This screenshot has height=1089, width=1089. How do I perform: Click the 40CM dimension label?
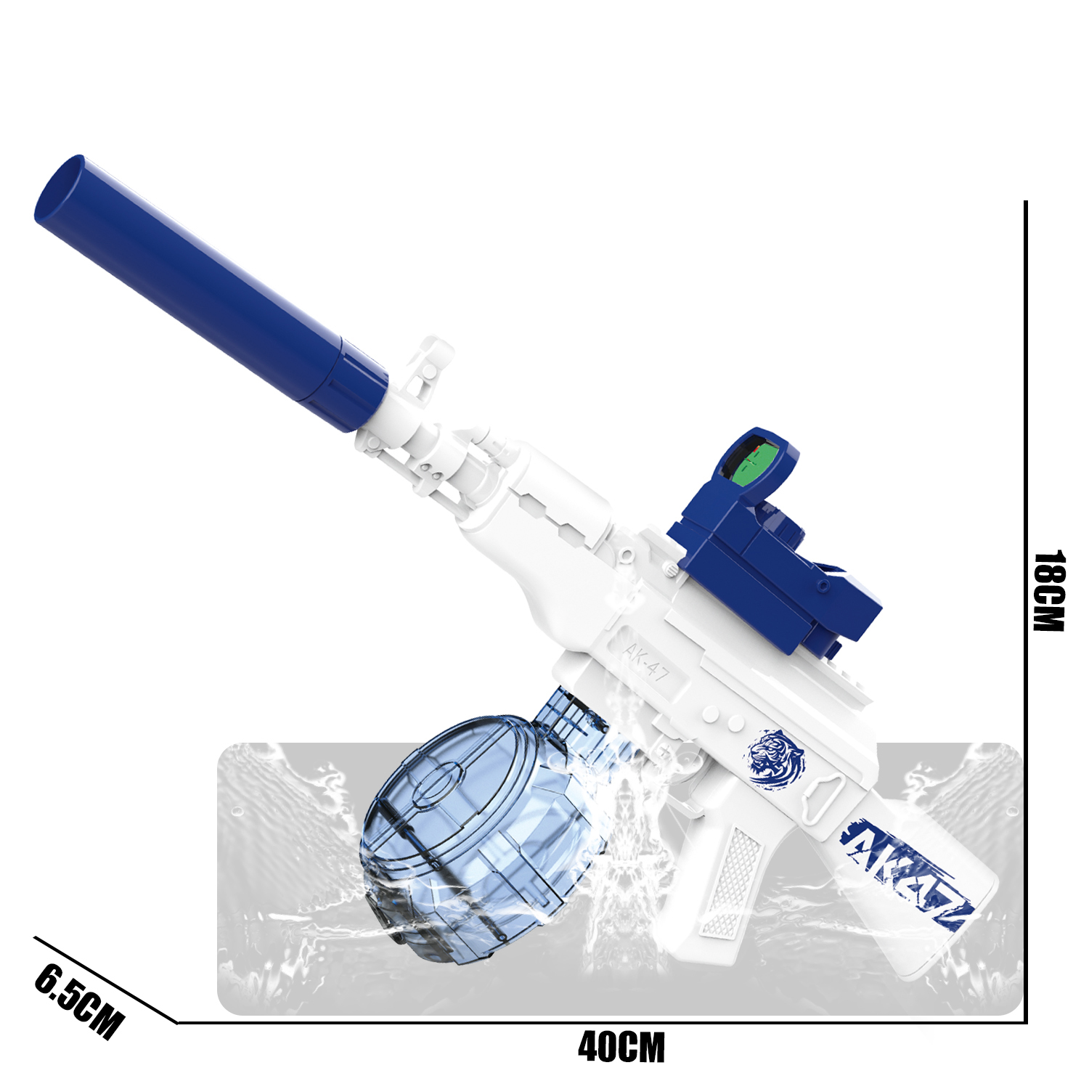pyautogui.click(x=621, y=1048)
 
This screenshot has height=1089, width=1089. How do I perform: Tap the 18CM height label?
pyautogui.click(x=1049, y=591)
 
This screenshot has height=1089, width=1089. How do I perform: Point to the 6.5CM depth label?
pyautogui.click(x=79, y=1001)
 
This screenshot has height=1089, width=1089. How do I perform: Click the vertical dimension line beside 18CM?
pyautogui.click(x=1026, y=508)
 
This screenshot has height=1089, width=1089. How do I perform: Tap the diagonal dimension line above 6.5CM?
pyautogui.click(x=105, y=979)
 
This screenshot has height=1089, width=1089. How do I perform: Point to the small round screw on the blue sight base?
pyautogui.click(x=822, y=585)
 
